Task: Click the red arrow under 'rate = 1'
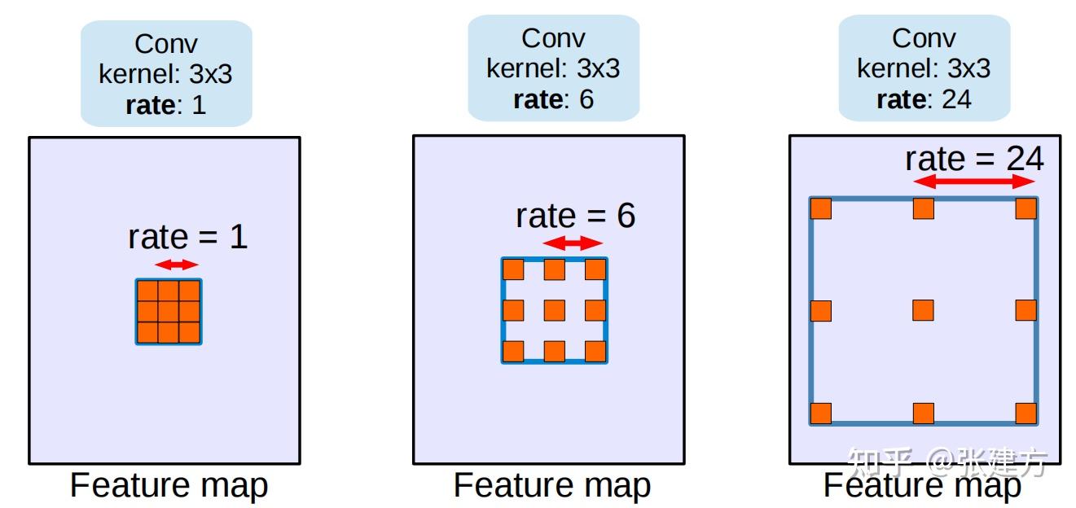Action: tap(176, 265)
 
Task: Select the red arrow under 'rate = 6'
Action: tap(573, 243)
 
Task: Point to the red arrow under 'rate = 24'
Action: tap(973, 182)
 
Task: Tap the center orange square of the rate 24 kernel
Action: tap(923, 310)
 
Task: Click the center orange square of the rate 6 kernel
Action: tap(555, 310)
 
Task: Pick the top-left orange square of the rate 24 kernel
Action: tap(821, 208)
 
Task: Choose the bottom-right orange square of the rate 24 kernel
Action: tap(1026, 414)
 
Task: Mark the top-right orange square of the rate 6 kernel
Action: tap(595, 269)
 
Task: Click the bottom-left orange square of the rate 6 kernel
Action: tap(513, 352)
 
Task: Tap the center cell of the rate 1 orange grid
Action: tap(169, 311)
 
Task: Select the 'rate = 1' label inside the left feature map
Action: tap(188, 237)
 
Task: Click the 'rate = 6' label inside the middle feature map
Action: tap(575, 216)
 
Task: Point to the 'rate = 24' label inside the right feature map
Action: tap(975, 159)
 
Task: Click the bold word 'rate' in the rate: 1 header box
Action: tap(151, 105)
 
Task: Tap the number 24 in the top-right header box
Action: tap(956, 99)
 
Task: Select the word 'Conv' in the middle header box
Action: tap(553, 38)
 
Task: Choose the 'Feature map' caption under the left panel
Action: tap(169, 485)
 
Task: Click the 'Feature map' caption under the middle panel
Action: tap(552, 485)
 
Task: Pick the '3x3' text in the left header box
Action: tap(211, 74)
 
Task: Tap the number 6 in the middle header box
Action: tap(586, 99)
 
